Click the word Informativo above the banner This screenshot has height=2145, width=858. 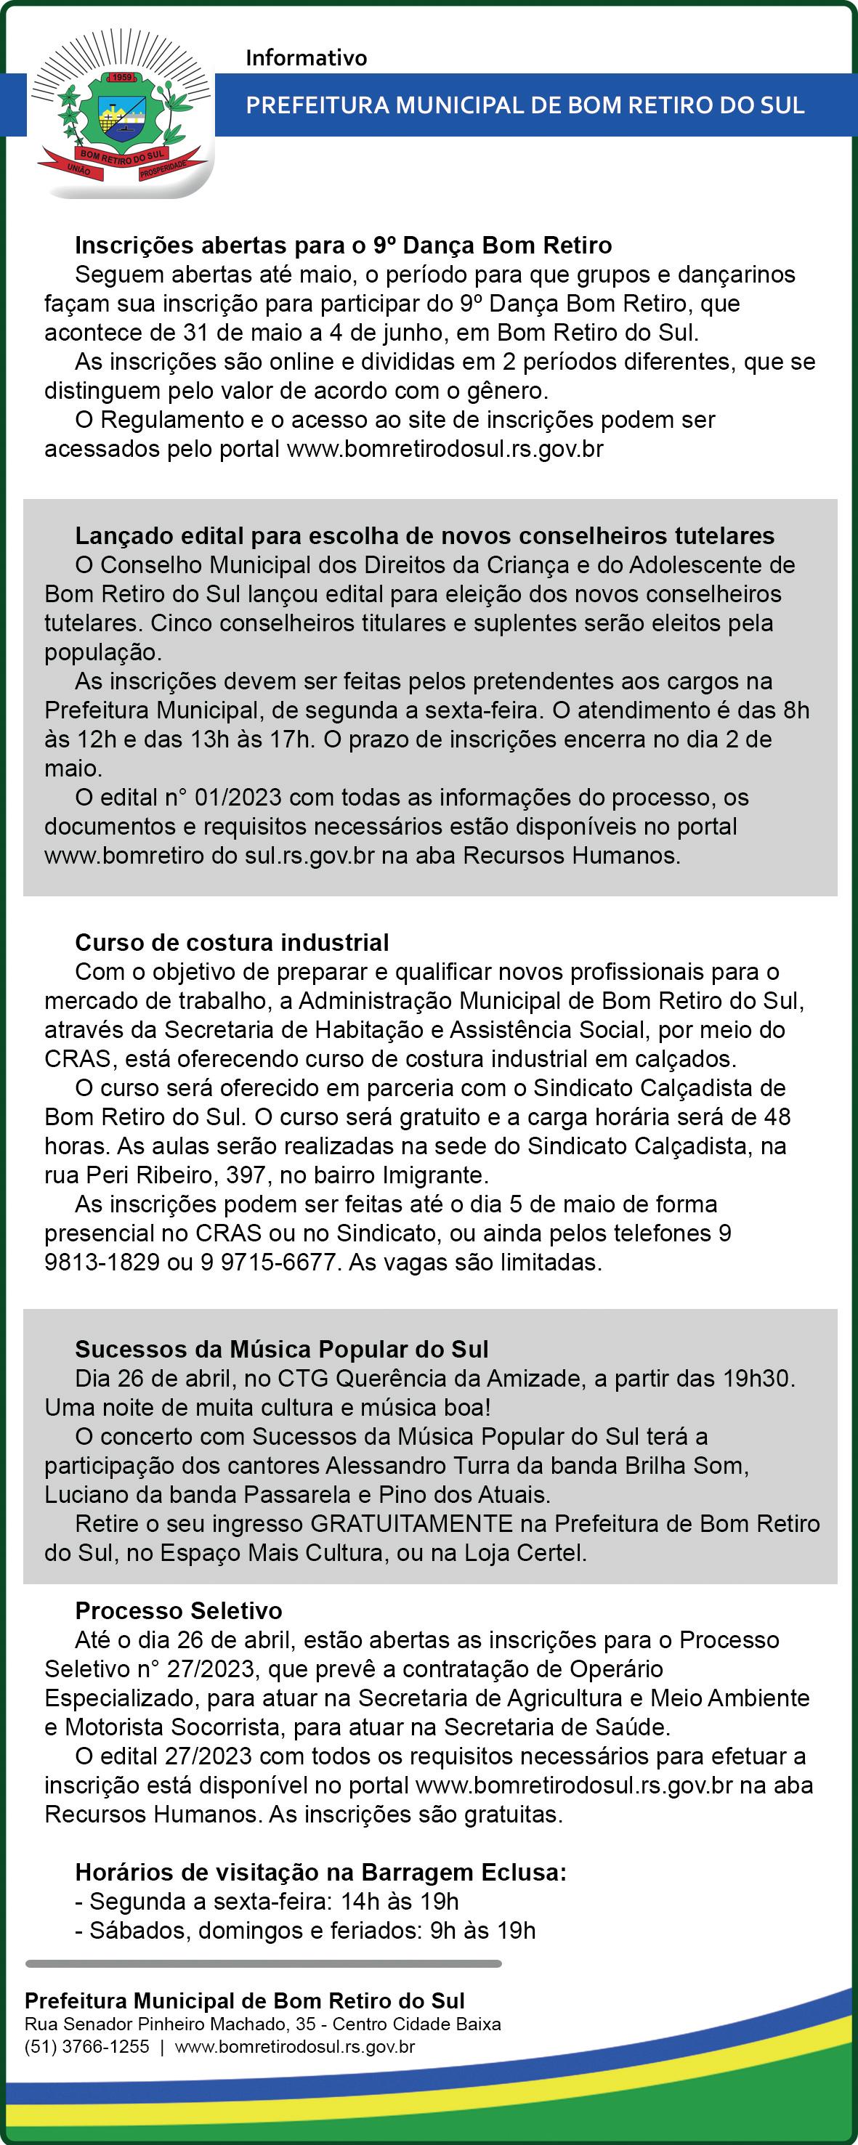click(306, 58)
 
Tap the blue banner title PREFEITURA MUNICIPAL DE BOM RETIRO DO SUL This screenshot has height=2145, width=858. click(525, 105)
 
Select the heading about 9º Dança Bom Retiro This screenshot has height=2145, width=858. click(343, 246)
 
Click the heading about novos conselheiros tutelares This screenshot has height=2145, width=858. click(425, 535)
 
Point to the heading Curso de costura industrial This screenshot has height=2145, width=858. click(232, 943)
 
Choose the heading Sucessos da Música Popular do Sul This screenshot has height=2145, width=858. click(282, 1349)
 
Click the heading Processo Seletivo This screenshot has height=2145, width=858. click(178, 1610)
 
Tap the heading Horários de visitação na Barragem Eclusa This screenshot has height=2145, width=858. click(320, 1872)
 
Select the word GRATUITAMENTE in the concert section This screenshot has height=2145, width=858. click(411, 1524)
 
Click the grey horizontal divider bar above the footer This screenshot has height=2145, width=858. click(263, 1963)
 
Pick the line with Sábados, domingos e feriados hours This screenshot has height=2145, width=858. click(305, 1930)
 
